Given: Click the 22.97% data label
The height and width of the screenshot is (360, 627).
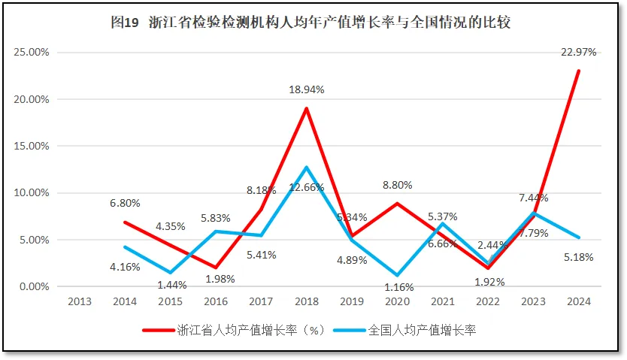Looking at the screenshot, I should (x=578, y=52).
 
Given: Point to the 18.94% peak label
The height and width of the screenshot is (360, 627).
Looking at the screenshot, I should (x=306, y=89).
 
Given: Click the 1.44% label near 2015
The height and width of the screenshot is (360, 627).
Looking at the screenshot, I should (x=172, y=286).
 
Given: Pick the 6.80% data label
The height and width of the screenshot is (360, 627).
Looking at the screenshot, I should (x=124, y=203).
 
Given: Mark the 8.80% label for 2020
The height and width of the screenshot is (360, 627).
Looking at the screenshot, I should (x=398, y=184).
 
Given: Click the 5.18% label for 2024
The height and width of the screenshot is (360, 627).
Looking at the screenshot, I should (x=577, y=257).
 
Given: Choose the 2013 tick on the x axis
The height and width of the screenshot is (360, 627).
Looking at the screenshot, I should (x=80, y=301).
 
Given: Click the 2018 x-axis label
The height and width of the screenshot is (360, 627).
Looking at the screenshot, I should (x=306, y=301).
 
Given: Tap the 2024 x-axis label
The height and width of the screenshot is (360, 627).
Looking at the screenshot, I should (x=578, y=301).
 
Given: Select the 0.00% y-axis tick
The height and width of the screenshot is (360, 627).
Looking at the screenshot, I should (x=34, y=286).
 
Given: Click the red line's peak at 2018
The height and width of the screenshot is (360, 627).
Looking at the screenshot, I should (x=306, y=108).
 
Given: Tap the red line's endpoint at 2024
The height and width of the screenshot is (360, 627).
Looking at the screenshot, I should (x=578, y=71).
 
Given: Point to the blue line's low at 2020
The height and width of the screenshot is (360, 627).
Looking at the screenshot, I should (x=397, y=275).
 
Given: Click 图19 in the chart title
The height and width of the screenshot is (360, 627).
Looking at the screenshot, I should (x=125, y=23).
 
